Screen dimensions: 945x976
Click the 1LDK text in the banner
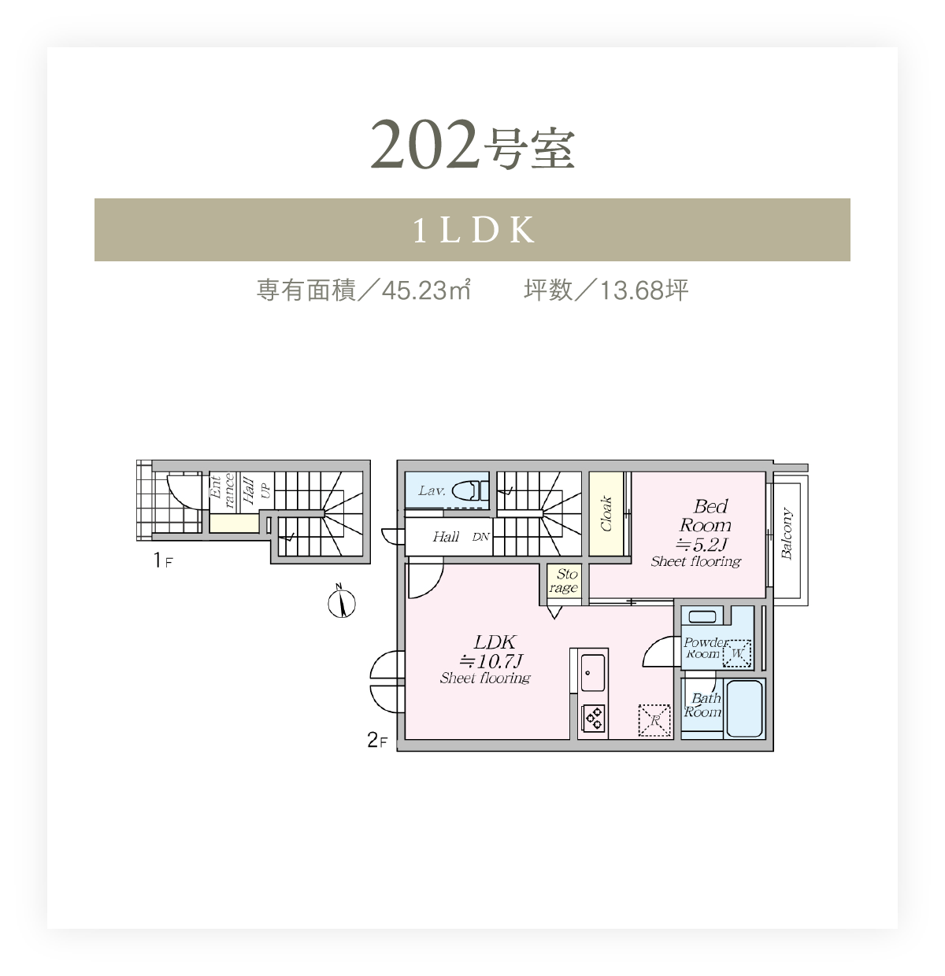click(x=474, y=230)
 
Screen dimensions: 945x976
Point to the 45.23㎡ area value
click(x=426, y=290)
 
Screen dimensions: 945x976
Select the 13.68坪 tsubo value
click(x=644, y=290)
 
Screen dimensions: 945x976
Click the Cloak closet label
click(x=606, y=513)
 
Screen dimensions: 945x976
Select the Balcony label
click(x=787, y=534)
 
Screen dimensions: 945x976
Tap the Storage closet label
click(x=564, y=581)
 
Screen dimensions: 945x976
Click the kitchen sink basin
click(x=592, y=672)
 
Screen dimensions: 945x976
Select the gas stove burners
click(x=593, y=718)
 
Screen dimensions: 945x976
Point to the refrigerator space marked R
click(x=654, y=721)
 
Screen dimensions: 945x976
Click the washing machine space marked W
click(x=737, y=653)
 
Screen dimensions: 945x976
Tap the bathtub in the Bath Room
click(x=744, y=708)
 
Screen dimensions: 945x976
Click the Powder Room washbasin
click(x=702, y=616)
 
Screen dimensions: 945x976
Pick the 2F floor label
click(x=377, y=740)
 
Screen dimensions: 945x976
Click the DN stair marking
click(x=481, y=537)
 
